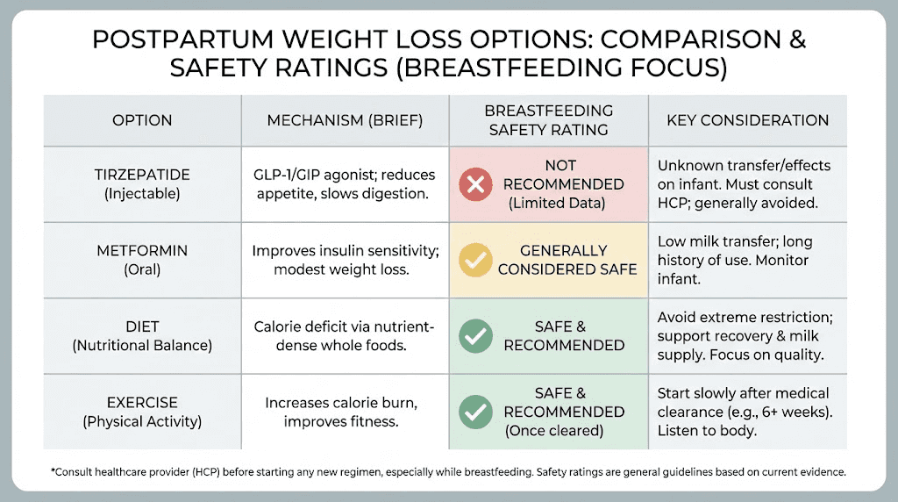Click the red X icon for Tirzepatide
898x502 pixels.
[x=476, y=184]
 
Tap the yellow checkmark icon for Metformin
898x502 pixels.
[x=476, y=260]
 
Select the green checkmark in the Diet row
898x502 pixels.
[x=476, y=335]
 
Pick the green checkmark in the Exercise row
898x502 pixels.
[x=476, y=411]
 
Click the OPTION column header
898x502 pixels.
[x=142, y=120]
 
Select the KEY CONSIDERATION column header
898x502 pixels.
[x=747, y=120]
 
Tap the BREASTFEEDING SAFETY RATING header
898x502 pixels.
[x=548, y=120]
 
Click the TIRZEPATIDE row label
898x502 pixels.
[x=142, y=176]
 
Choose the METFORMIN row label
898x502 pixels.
[x=142, y=251]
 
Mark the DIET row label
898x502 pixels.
[x=142, y=326]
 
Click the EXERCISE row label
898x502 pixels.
[x=142, y=402]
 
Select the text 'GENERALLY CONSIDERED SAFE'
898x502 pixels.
[x=567, y=260]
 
